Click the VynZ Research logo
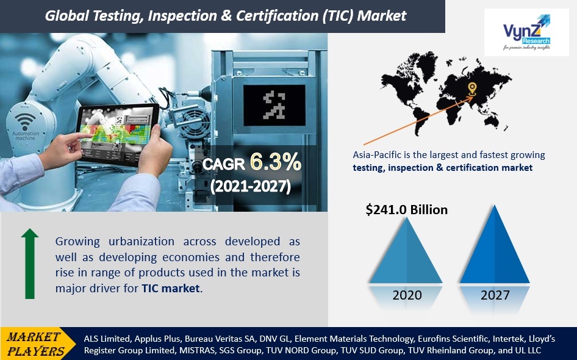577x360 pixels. click(526, 32)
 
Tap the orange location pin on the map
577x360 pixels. click(472, 88)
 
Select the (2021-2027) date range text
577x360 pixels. click(251, 186)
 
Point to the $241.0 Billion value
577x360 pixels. click(407, 209)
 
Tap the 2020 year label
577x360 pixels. click(407, 295)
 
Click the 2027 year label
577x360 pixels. click(495, 295)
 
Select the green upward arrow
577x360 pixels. click(30, 264)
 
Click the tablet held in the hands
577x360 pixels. click(118, 133)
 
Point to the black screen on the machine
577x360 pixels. click(274, 106)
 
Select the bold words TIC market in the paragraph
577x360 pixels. click(171, 288)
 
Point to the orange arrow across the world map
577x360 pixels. click(418, 120)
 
